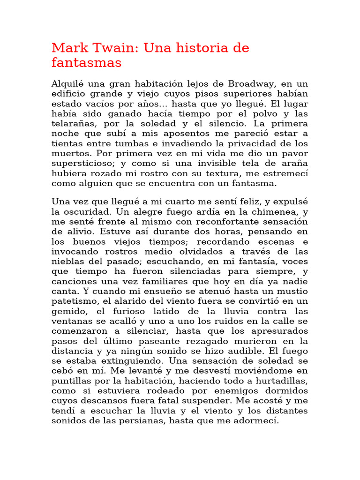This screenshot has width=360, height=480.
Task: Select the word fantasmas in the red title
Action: [87, 62]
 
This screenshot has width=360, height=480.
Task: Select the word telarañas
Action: [74, 123]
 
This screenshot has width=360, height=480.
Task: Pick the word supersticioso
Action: [83, 163]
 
